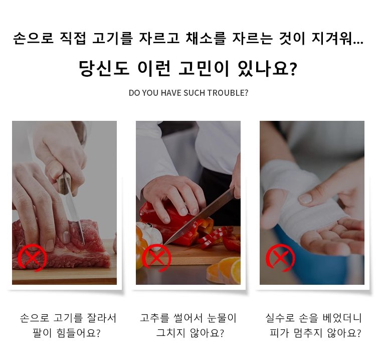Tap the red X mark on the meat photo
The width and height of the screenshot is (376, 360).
click(32, 258)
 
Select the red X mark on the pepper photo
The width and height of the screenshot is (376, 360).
click(156, 258)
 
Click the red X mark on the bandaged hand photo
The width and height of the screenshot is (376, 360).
click(280, 258)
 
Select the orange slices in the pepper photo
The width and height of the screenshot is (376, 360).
click(224, 270)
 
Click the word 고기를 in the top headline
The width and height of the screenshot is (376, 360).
click(112, 39)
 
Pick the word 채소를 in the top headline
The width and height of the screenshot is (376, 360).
click(206, 39)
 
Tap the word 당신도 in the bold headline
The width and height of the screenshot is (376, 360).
click(104, 69)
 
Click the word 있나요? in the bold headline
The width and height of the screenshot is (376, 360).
click(267, 69)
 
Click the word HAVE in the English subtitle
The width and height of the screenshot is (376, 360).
click(169, 93)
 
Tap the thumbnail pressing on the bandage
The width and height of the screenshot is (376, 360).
click(305, 199)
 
